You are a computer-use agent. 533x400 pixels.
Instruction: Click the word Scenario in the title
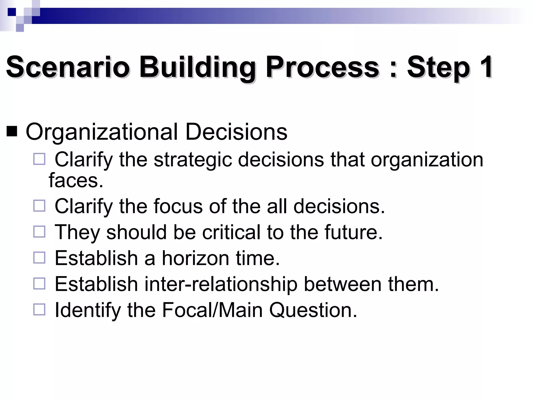pyautogui.click(x=68, y=67)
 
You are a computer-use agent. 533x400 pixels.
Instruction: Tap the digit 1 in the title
pyautogui.click(x=485, y=67)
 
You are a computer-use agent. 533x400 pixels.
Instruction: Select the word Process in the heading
pyautogui.click(x=322, y=67)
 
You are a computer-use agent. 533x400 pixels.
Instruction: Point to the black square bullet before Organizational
pyautogui.click(x=12, y=132)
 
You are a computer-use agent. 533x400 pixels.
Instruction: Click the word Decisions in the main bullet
pyautogui.click(x=236, y=132)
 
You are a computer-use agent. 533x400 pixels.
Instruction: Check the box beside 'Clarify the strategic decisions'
pyautogui.click(x=39, y=159)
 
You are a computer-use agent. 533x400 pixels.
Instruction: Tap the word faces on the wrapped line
pyautogui.click(x=76, y=180)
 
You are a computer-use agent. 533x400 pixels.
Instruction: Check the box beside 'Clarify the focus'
pyautogui.click(x=39, y=206)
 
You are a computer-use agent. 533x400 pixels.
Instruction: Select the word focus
pyautogui.click(x=178, y=206)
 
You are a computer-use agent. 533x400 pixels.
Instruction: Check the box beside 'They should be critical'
pyautogui.click(x=39, y=232)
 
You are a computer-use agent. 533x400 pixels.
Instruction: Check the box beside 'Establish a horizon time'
pyautogui.click(x=39, y=258)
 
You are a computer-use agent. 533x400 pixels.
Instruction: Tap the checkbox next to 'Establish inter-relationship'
pyautogui.click(x=39, y=284)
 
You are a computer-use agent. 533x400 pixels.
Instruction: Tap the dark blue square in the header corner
pyautogui.click(x=12, y=12)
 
